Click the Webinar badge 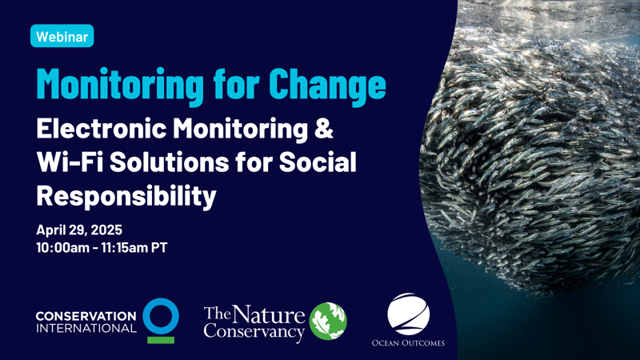(62, 36)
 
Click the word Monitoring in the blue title (120, 86)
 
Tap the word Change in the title (327, 86)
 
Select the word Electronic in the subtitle (102, 129)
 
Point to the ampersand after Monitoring (324, 129)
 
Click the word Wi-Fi (70, 162)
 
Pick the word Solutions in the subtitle (169, 162)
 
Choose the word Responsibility (126, 197)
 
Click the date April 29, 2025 (79, 230)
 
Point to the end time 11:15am (125, 248)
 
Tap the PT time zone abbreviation (159, 248)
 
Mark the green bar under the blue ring (161, 340)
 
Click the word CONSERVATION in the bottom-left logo (86, 316)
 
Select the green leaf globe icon (328, 322)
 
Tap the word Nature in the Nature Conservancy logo (269, 315)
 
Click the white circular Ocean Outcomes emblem (408, 314)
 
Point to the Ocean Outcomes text (408, 343)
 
